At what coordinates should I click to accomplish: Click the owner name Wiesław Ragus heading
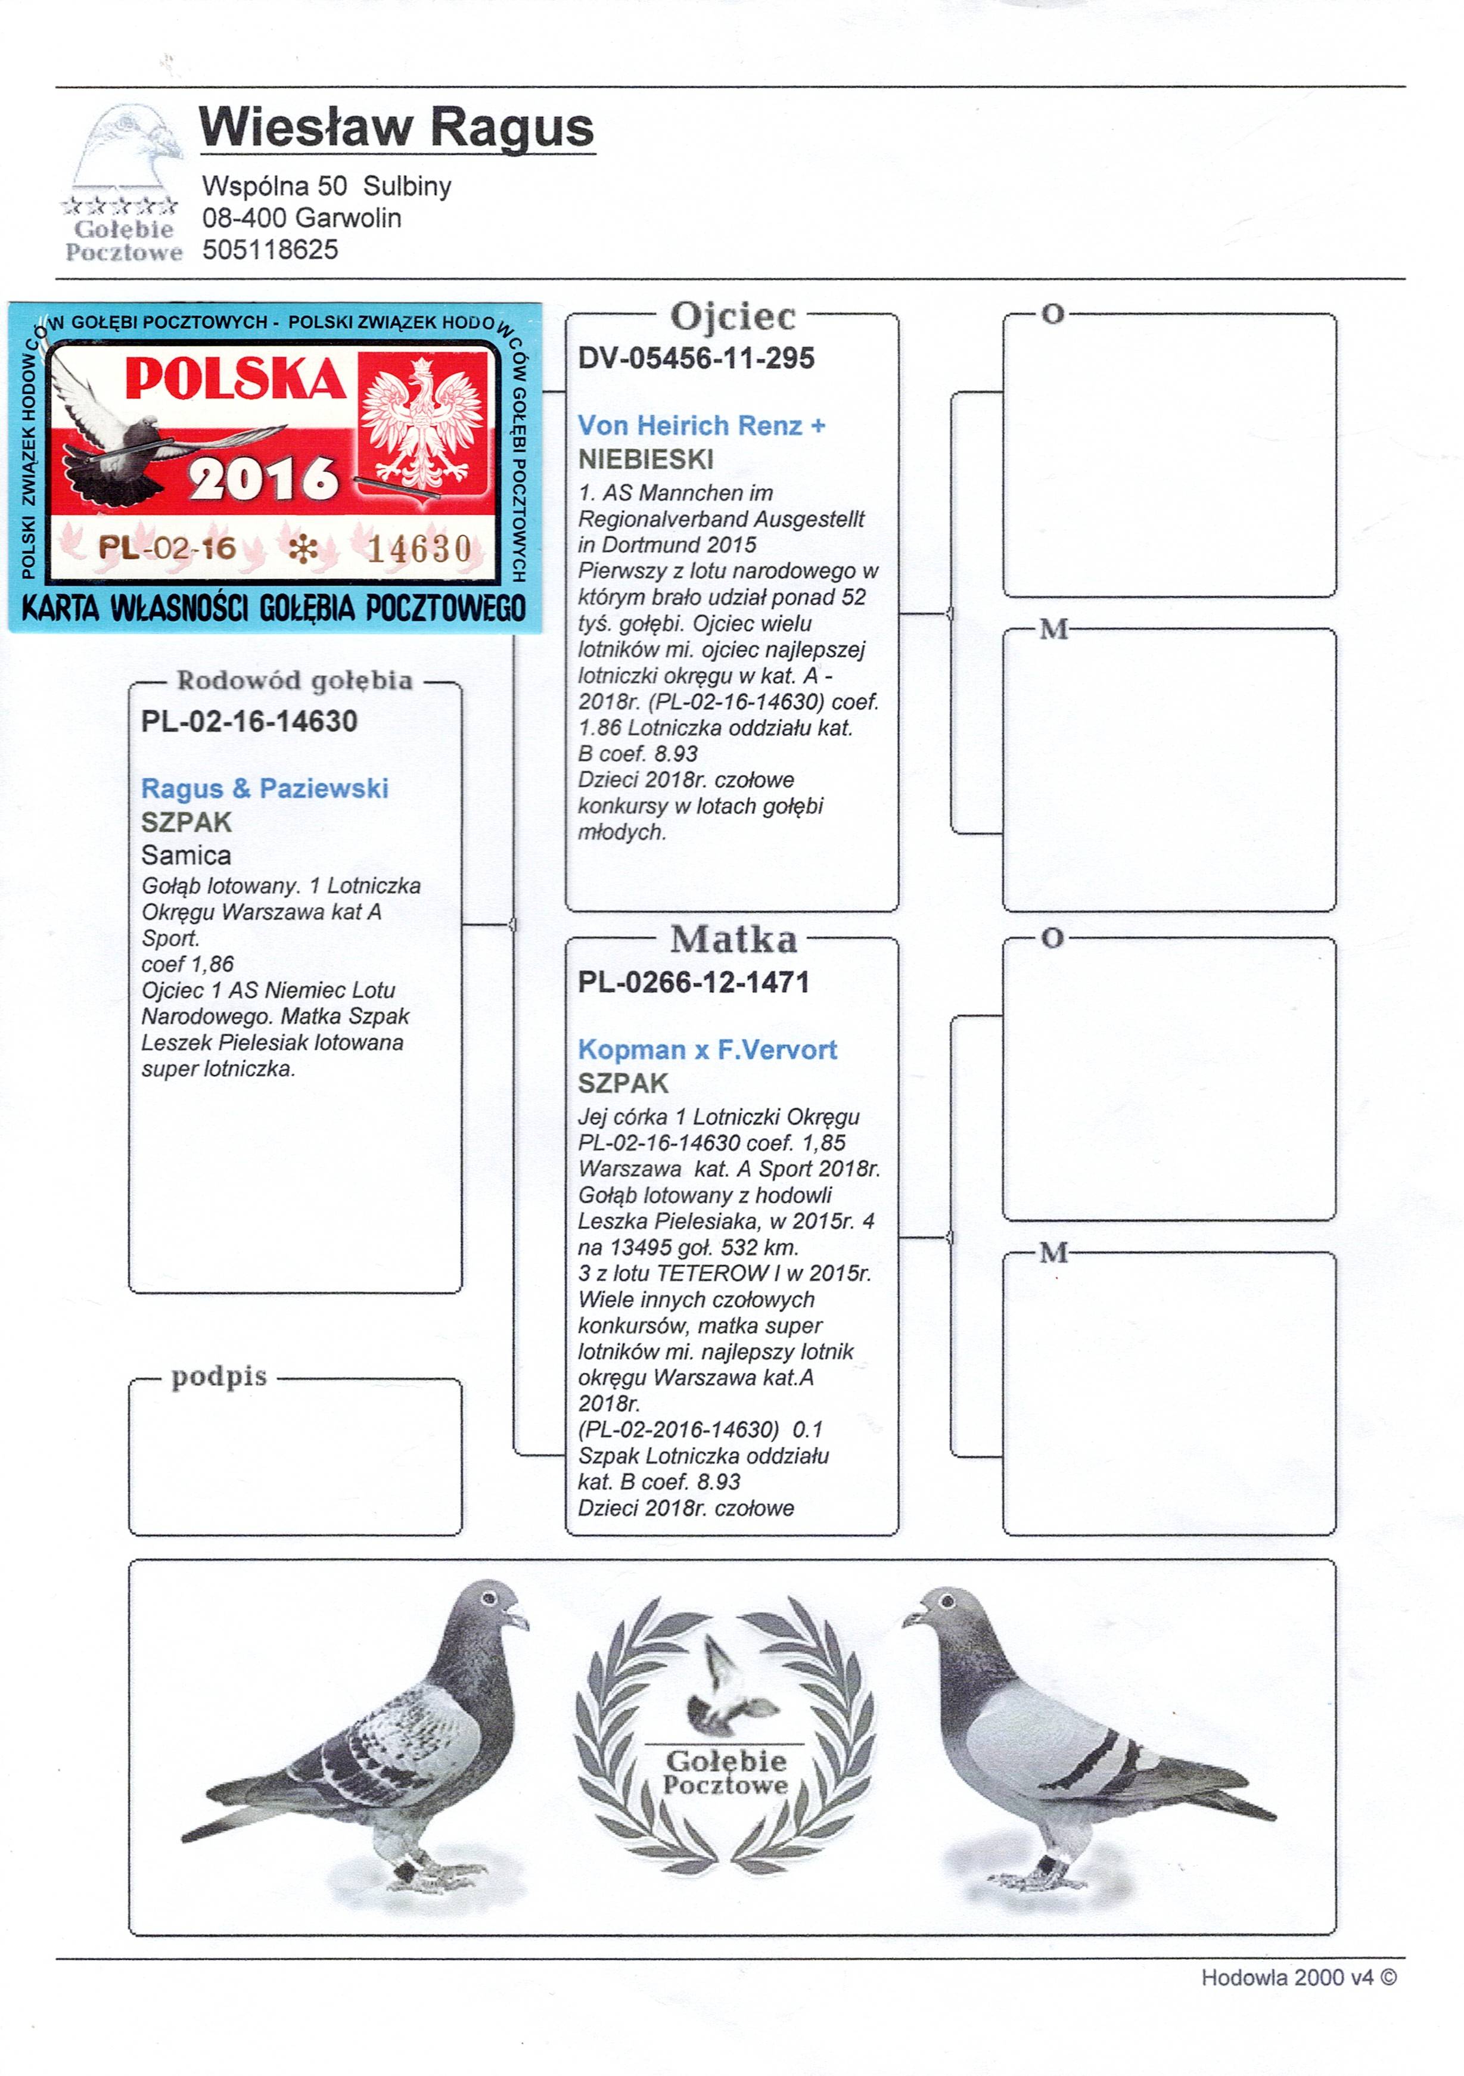[396, 128]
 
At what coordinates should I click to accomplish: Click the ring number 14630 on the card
[419, 549]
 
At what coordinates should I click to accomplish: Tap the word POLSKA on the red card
[235, 379]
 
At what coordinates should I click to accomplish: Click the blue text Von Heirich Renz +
[701, 425]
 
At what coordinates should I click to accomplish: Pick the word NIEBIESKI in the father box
[646, 459]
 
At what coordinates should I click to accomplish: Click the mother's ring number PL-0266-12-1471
[694, 982]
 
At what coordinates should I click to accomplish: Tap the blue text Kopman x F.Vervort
[707, 1050]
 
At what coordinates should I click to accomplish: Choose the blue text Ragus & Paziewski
[264, 788]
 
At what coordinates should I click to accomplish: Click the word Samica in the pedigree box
[185, 855]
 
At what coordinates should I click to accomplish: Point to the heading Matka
[733, 940]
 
